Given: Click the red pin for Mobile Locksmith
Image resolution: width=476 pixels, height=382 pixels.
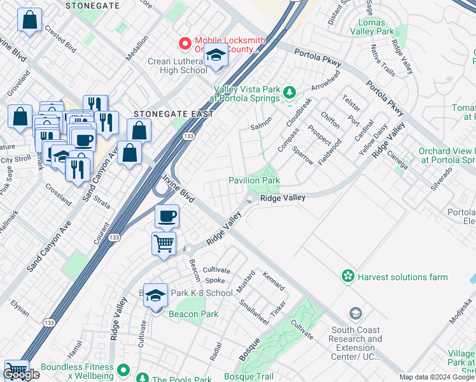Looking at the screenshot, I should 185,43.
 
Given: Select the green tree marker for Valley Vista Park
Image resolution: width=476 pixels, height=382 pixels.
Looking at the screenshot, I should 290,93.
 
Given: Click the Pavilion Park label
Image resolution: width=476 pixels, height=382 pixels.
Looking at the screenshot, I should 254,181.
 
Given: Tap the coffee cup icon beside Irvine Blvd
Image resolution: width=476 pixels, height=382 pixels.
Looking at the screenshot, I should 167,216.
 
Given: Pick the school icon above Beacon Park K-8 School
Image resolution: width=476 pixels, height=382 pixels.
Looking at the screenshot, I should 155,295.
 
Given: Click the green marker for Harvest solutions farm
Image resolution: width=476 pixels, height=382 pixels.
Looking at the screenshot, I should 347,276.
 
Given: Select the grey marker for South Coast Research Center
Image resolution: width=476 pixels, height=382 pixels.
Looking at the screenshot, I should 355,314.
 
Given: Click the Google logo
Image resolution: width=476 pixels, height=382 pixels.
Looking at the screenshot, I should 21,374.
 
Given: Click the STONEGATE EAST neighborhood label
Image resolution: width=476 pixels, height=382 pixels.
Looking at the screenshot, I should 164,114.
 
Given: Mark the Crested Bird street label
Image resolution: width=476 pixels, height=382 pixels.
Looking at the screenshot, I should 61,41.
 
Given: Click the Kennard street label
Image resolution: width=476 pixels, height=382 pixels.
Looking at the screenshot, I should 274,280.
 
